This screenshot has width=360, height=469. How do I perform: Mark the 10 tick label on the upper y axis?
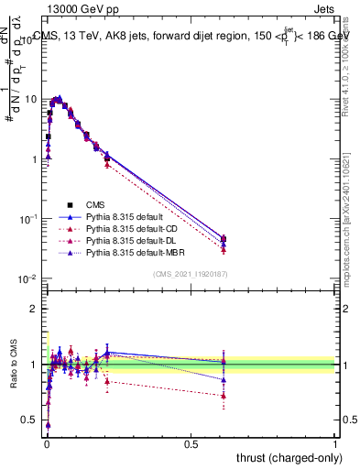click(x=30, y=99)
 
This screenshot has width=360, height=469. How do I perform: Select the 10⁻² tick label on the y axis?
click(x=28, y=278)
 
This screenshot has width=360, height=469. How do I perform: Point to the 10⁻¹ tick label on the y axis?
click(x=28, y=219)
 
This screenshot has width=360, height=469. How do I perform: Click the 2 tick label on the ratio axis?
click(x=35, y=309)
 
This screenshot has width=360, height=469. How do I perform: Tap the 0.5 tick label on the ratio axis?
click(x=30, y=420)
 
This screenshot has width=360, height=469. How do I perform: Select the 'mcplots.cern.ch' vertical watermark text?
click(x=351, y=234)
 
